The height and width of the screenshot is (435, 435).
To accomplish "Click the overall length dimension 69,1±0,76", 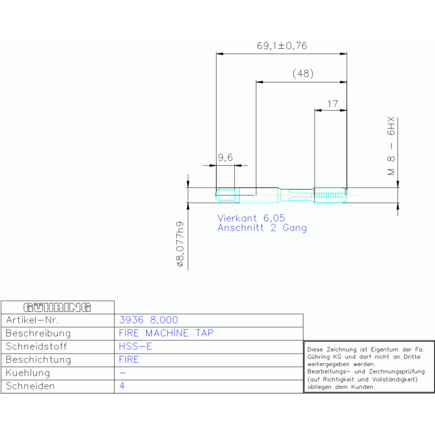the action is tap(282, 46).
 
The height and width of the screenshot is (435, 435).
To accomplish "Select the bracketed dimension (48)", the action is tap(303, 74).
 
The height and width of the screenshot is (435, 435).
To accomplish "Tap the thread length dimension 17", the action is tap(332, 104).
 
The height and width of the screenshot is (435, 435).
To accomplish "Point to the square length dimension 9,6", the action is tap(225, 158).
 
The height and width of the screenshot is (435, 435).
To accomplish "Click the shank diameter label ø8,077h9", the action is tap(180, 244).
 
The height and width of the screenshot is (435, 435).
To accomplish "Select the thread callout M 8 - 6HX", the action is tap(391, 146).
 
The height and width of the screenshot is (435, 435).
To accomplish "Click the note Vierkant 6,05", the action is tap(251, 218).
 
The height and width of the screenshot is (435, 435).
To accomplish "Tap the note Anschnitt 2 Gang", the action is tap(262, 228).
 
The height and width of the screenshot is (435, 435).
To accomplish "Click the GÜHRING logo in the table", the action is tap(57, 307).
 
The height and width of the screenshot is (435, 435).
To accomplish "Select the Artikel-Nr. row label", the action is tap(32, 320).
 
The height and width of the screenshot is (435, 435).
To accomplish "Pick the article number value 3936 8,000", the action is tap(149, 320).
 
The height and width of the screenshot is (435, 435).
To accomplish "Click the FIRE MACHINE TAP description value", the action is tap(166, 333).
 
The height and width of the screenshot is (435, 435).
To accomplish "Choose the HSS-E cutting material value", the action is tap(136, 346).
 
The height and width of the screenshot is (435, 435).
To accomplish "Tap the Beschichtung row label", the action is tap(39, 360).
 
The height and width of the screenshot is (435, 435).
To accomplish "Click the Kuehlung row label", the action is tap(28, 373).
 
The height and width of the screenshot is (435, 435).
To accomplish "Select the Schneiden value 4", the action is tap(122, 386).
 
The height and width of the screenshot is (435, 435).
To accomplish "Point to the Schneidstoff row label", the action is tap(36, 346).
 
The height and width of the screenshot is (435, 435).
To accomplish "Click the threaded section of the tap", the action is tap(331, 195).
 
